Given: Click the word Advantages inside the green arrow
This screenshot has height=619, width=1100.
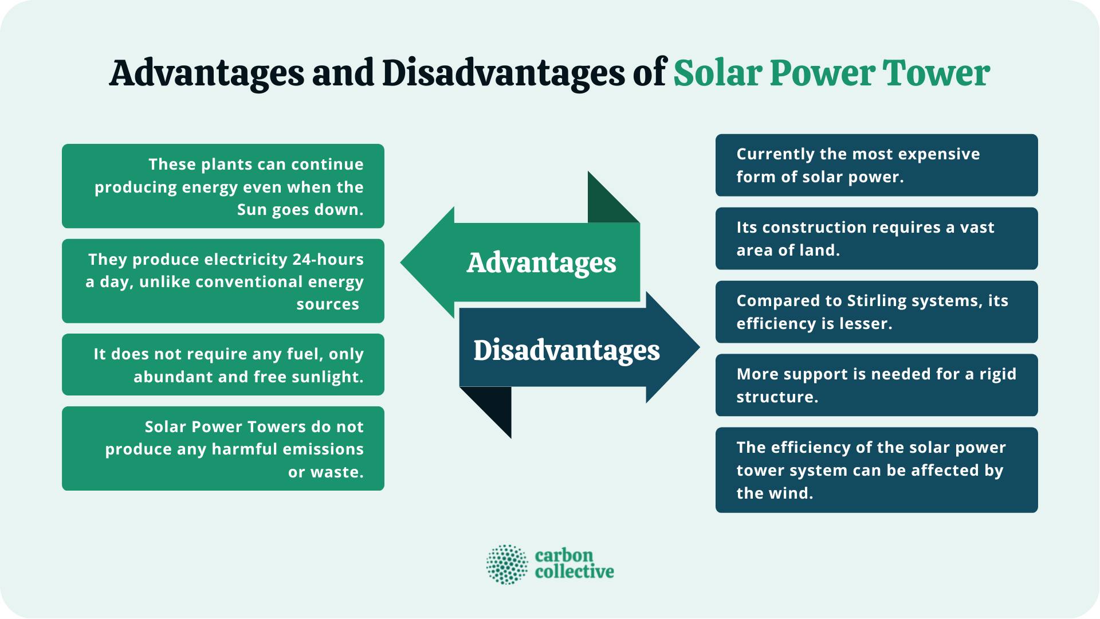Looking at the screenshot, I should (x=541, y=263).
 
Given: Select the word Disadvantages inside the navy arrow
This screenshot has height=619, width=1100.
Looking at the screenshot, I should (x=566, y=350).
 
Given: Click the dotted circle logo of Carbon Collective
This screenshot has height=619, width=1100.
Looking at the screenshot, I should (x=506, y=565).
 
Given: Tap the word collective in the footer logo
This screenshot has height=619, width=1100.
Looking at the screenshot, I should (x=574, y=572).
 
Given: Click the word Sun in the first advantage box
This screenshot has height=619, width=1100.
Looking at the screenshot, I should (x=252, y=210).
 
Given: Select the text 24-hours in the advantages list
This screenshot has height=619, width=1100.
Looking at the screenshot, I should (x=328, y=260).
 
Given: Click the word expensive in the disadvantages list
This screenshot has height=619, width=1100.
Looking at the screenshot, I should (x=932, y=154).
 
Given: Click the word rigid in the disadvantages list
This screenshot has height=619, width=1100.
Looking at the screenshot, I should (x=997, y=374).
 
